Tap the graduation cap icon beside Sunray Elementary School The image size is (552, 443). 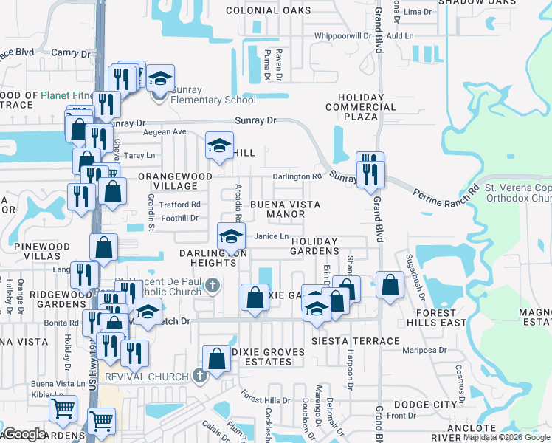click(x=159, y=79)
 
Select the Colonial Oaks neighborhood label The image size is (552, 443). click(x=269, y=10)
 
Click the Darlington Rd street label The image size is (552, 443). click(x=297, y=176)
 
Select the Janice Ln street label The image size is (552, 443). click(x=270, y=236)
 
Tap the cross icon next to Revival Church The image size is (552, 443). click(x=199, y=376)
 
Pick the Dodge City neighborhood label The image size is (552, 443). click(x=425, y=405)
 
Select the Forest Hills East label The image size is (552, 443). click(x=435, y=317)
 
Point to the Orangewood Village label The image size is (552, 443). click(x=175, y=182)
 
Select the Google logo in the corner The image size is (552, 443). click(x=24, y=434)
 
